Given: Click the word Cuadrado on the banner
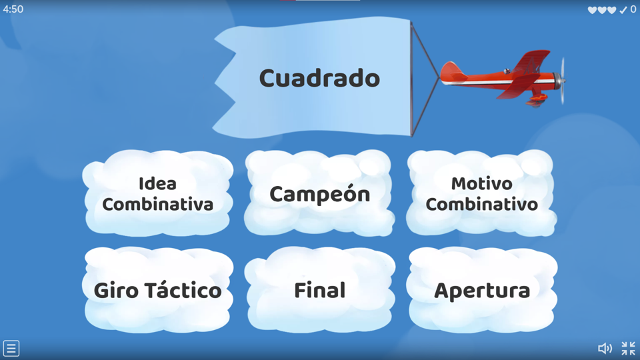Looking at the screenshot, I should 319,78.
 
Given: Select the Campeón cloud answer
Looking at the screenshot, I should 319,194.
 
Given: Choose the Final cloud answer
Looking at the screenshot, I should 319,290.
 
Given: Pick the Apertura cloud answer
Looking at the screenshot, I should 481,290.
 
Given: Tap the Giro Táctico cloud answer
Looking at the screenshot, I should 157,290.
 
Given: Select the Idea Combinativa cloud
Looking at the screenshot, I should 157,193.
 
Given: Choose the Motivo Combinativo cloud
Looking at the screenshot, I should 481,193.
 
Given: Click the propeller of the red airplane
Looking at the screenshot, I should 563,81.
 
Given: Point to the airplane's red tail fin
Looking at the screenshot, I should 450,69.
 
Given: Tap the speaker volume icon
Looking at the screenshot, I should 605,348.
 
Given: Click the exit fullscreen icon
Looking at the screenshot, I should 628,348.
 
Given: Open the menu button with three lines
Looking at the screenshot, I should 11,348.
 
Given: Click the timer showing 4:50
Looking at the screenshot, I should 13,9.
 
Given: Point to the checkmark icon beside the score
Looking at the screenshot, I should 623,10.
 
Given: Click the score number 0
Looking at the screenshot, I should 633,9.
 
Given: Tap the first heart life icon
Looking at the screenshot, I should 592,10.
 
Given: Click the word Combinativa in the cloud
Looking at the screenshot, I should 157,204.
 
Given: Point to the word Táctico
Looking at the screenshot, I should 186,290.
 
